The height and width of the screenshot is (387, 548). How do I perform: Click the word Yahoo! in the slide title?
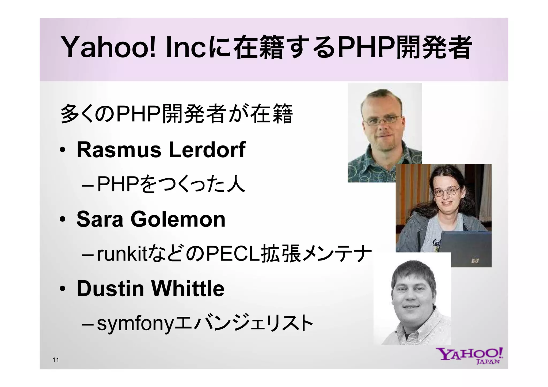coord(108,48)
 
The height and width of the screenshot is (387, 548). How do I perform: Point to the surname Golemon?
coord(178,219)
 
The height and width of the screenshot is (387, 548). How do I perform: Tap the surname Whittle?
coord(188,289)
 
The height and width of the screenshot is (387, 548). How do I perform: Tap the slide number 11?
coord(56,360)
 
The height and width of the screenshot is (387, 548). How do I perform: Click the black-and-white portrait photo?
coord(412,300)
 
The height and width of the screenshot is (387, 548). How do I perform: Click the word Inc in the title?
coord(186,48)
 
